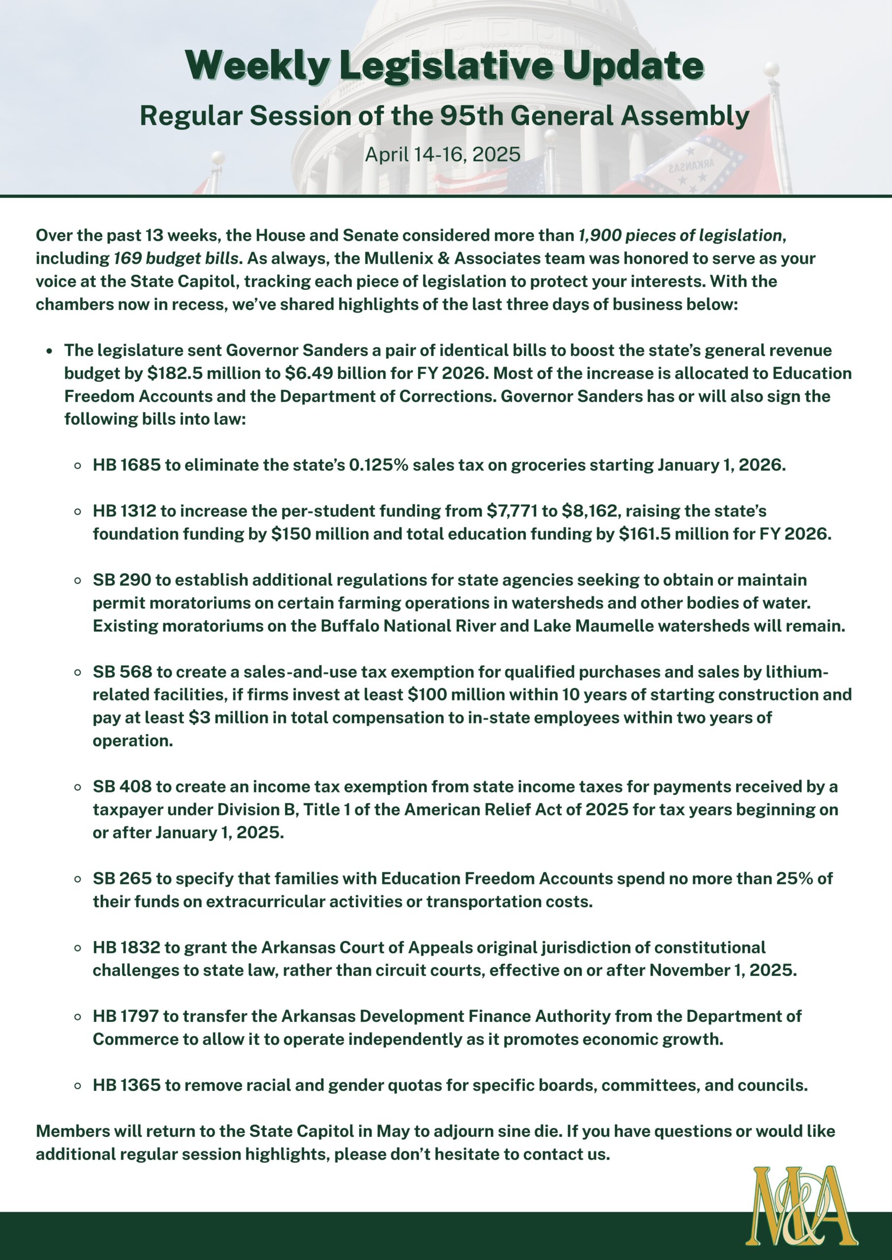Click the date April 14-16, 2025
pyautogui.click(x=443, y=155)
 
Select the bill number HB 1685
pyautogui.click(x=126, y=465)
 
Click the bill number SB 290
pyautogui.click(x=122, y=580)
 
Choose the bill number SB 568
pyautogui.click(x=122, y=671)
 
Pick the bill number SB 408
pyautogui.click(x=122, y=787)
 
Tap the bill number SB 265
pyautogui.click(x=122, y=878)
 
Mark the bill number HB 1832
pyautogui.click(x=126, y=947)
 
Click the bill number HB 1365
pyautogui.click(x=126, y=1085)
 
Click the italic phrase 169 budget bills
pyautogui.click(x=176, y=258)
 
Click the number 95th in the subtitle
pyautogui.click(x=473, y=116)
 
